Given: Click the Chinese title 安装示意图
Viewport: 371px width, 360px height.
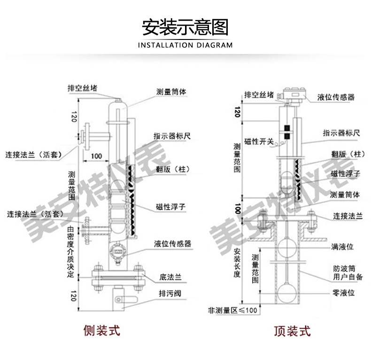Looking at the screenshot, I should point(185,28).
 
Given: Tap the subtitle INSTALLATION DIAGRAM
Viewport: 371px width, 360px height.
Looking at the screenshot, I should point(185,46).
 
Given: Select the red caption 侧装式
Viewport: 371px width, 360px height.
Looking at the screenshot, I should point(101,330).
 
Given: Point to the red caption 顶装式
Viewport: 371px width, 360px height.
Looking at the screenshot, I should point(292,330).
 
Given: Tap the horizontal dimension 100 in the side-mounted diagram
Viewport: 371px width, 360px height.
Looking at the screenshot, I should point(96,156).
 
